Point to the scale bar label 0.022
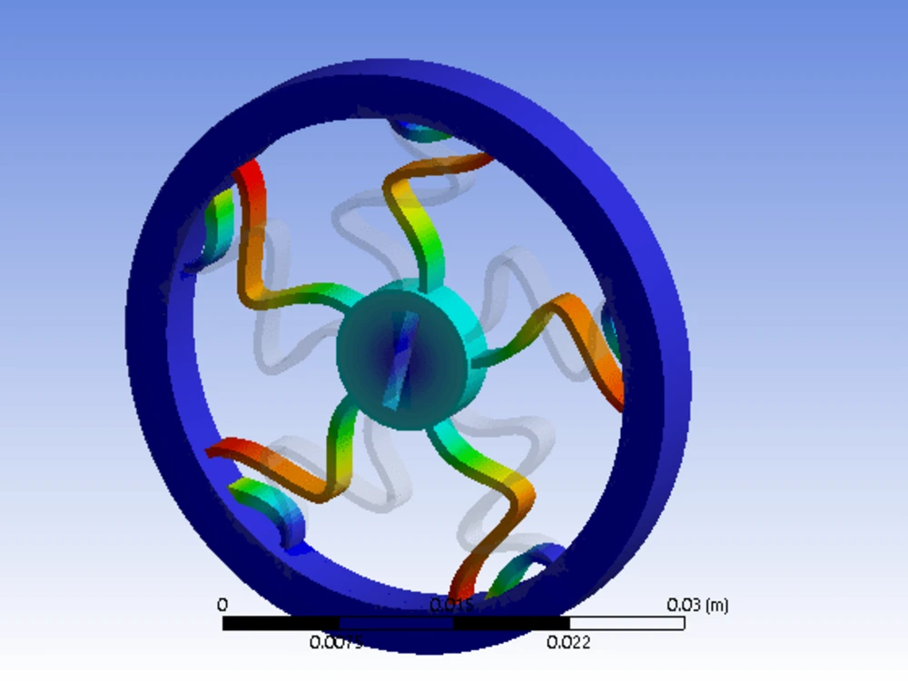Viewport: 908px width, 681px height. point(569,642)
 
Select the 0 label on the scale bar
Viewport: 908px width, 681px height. point(222,605)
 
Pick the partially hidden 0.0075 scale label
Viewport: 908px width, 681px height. point(335,643)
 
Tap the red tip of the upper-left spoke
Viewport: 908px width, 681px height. point(249,182)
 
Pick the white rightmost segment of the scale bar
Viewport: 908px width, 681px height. point(627,623)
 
